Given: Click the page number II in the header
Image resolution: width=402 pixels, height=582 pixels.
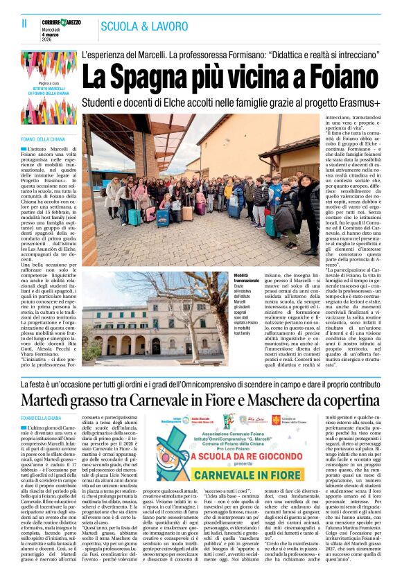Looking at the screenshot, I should pos(24,23).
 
